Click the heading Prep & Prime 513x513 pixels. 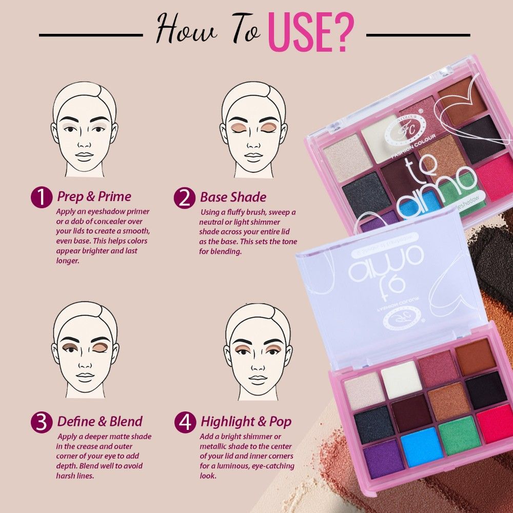[x=94, y=196]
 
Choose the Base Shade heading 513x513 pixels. [x=233, y=197]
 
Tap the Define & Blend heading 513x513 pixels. [x=100, y=422]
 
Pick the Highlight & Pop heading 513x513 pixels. [x=246, y=422]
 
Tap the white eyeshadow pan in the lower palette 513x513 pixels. [x=402, y=379]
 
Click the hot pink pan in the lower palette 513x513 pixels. [x=495, y=423]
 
